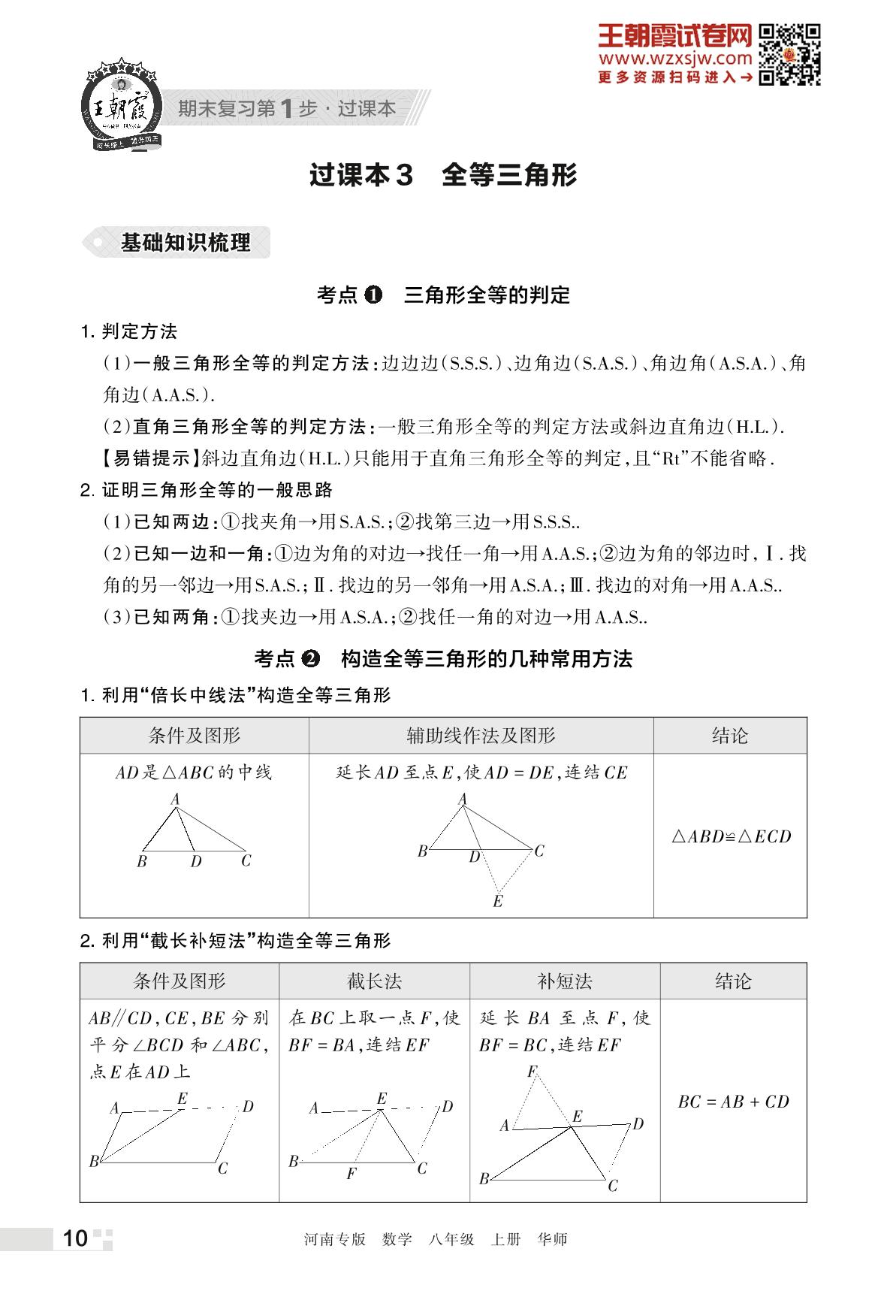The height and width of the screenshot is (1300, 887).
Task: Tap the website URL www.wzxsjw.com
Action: [675, 59]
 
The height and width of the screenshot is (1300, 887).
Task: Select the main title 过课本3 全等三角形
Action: [443, 175]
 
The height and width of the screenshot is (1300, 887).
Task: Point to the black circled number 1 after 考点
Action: [373, 295]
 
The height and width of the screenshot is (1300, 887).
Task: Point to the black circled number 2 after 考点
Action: [310, 659]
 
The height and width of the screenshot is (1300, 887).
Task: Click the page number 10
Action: [75, 1238]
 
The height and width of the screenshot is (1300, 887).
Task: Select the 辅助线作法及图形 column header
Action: [481, 736]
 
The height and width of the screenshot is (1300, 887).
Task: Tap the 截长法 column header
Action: [374, 981]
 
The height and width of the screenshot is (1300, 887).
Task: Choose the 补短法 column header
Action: [565, 981]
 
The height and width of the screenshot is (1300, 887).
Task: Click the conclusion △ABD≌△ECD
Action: [731, 836]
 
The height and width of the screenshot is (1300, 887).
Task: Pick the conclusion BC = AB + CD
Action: [733, 1102]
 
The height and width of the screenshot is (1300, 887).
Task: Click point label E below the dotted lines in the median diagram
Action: [497, 901]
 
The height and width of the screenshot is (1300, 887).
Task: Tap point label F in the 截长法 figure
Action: [351, 1174]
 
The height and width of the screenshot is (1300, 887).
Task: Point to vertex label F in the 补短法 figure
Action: [532, 1071]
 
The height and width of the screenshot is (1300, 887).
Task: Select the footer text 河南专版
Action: [334, 1239]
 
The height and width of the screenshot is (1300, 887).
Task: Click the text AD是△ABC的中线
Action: [194, 772]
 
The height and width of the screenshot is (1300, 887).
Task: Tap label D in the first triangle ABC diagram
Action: [196, 862]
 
